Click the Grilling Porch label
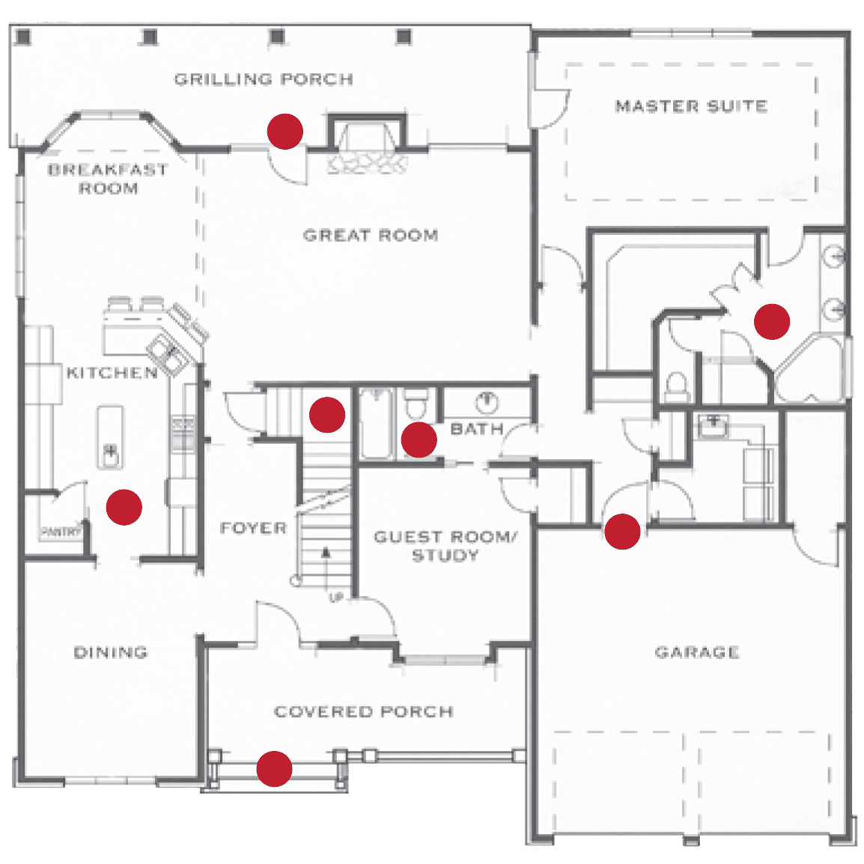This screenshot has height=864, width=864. click(x=264, y=79)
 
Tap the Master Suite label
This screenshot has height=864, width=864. click(x=691, y=106)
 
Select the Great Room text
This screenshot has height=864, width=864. click(x=371, y=235)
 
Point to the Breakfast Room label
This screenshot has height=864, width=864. click(x=108, y=178)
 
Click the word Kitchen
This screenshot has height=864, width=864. click(x=112, y=372)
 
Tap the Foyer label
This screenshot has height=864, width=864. click(x=254, y=528)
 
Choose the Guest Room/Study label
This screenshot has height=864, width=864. click(x=445, y=546)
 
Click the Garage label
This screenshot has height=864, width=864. click(x=697, y=652)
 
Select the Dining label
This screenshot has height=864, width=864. click(x=110, y=652)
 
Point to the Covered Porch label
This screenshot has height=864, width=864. click(x=364, y=711)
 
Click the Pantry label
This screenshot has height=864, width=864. click(x=61, y=532)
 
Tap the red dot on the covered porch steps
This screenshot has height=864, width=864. click(x=274, y=769)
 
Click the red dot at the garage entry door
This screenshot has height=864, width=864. click(x=622, y=532)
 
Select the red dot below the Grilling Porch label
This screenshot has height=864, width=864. click(x=285, y=131)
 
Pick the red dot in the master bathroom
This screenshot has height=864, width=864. click(x=772, y=321)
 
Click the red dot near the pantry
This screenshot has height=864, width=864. click(x=124, y=507)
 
